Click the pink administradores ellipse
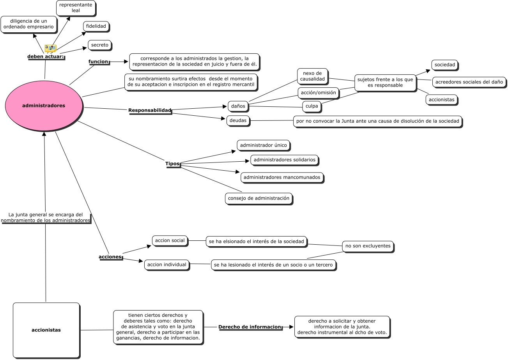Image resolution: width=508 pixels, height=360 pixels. (x=44, y=106)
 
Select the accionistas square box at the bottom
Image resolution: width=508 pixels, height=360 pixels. (x=46, y=330)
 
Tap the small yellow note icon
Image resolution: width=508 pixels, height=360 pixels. (x=50, y=48)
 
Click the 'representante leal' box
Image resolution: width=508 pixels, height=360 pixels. (x=76, y=8)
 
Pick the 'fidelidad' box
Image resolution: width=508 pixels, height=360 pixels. (x=96, y=26)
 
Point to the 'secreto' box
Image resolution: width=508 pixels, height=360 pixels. (x=99, y=45)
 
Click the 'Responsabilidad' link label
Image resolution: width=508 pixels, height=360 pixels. (x=150, y=111)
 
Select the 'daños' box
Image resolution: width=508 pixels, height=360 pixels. (x=238, y=106)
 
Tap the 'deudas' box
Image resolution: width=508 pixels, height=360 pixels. (x=238, y=120)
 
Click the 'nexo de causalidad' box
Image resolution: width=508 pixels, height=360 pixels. (x=312, y=76)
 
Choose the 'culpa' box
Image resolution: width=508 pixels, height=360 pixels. (x=312, y=106)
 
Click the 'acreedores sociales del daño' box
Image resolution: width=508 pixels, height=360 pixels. (x=469, y=82)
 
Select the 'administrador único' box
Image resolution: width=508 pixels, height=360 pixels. (x=264, y=145)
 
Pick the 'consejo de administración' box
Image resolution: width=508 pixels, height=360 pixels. (x=258, y=198)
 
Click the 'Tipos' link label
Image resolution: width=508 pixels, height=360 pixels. (x=172, y=164)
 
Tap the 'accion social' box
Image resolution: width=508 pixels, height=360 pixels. (x=170, y=240)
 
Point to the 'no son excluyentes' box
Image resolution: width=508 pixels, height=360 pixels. (x=368, y=246)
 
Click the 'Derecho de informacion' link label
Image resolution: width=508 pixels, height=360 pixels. (x=250, y=327)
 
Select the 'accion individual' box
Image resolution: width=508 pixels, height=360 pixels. (x=167, y=265)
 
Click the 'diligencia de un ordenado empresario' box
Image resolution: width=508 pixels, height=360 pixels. (x=29, y=24)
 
